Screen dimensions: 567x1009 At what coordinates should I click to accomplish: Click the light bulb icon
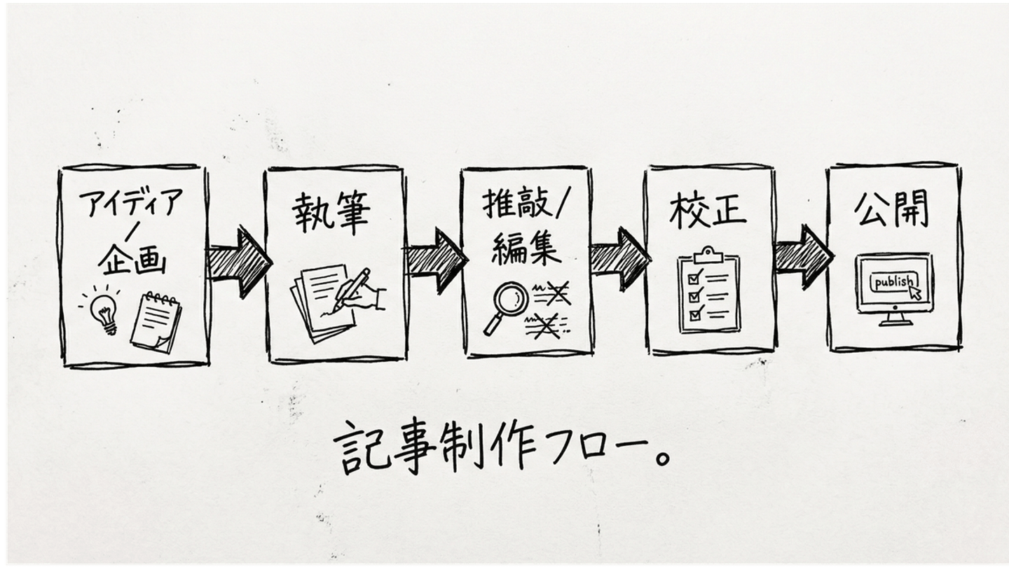coord(104,312)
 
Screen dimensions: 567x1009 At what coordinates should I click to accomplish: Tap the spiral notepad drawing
coord(156,321)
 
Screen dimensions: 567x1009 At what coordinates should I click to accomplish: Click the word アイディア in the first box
coord(131,204)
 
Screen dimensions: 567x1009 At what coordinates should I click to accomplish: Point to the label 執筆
coord(331,213)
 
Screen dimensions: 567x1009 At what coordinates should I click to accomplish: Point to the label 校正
coord(708,210)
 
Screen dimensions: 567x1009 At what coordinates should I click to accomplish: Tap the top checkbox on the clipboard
coord(695,278)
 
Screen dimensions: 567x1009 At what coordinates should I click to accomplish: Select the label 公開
coord(891,208)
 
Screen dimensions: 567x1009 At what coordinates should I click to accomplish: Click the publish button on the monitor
coord(892,282)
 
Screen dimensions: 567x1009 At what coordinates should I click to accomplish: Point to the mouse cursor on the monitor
coord(915,293)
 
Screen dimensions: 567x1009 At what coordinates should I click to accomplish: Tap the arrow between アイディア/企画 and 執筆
coord(239,261)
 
